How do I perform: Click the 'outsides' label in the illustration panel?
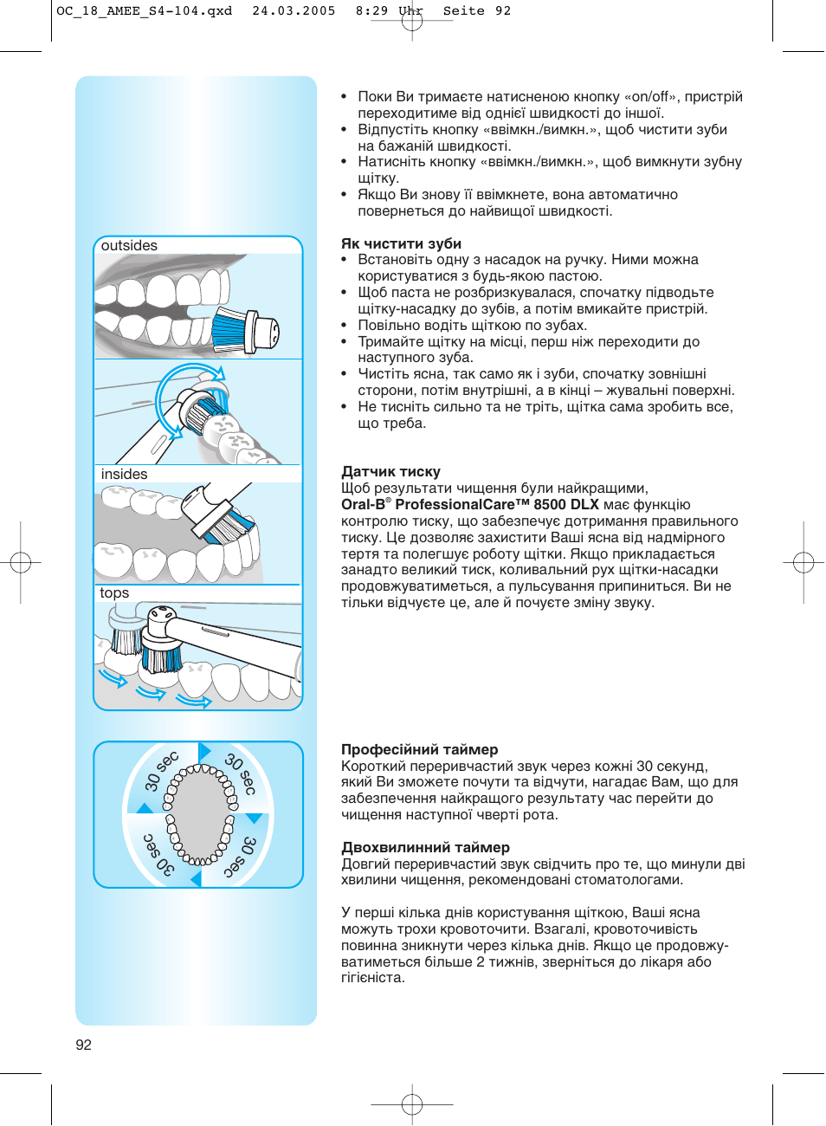tap(129, 246)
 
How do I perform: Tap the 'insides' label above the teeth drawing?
tap(124, 475)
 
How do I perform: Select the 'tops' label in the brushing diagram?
tap(114, 593)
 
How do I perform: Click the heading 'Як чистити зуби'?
tap(401, 244)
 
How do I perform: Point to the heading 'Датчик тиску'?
tap(390, 472)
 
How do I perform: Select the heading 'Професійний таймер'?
tap(419, 750)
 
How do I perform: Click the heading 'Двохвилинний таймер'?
tap(425, 848)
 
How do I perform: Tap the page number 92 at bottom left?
tap(83, 1045)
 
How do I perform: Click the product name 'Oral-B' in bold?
tap(363, 505)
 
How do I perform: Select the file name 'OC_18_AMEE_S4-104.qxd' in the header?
tap(144, 11)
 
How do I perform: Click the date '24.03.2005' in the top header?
tap(294, 11)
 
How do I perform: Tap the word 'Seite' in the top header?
tap(464, 11)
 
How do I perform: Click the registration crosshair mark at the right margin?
tap(803, 563)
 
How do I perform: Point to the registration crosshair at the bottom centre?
tap(412, 1104)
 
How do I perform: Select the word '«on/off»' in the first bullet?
tap(650, 97)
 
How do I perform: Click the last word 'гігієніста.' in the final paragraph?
tap(373, 978)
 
